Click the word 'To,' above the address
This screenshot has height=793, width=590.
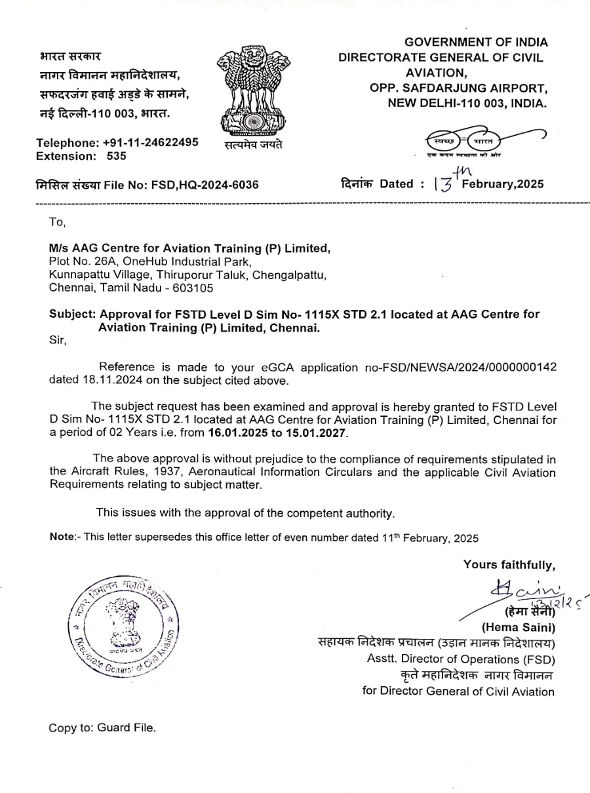click(x=58, y=222)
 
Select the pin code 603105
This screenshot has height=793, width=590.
click(x=193, y=287)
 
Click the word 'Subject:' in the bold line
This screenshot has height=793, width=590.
click(x=72, y=314)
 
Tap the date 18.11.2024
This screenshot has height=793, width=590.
click(x=78, y=379)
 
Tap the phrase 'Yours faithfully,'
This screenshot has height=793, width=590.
click(x=509, y=564)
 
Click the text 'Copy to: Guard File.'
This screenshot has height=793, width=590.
click(x=102, y=728)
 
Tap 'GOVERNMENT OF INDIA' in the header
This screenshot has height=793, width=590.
click(x=476, y=43)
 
